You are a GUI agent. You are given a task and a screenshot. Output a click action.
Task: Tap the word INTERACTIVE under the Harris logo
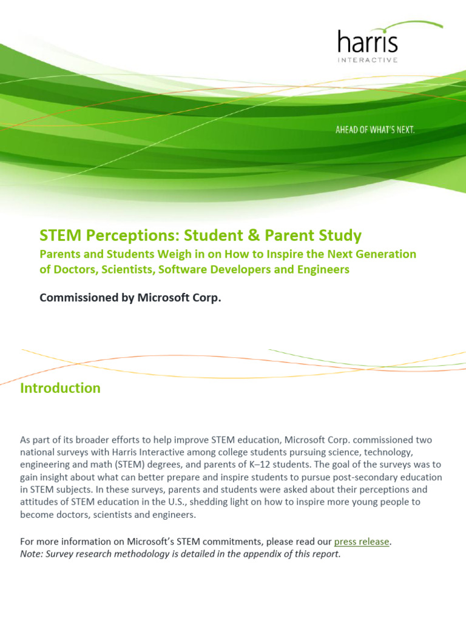[x=368, y=60]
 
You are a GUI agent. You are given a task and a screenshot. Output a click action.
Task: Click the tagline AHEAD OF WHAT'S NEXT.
[x=375, y=130]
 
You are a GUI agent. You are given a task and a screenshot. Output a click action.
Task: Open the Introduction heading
[x=60, y=388]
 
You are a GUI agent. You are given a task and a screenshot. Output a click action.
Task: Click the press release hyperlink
[x=361, y=542]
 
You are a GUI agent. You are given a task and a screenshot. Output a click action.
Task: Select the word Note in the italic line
[x=31, y=554]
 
